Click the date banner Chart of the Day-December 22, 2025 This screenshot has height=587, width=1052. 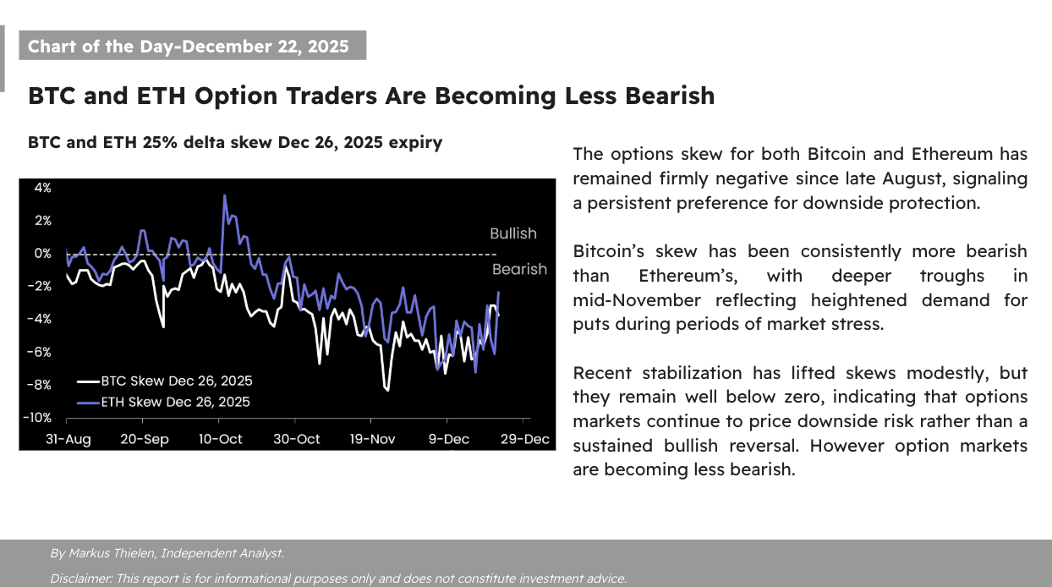(188, 46)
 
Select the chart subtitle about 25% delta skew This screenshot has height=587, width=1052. (235, 142)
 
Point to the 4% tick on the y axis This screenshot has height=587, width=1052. (42, 187)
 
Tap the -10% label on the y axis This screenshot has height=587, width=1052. (37, 418)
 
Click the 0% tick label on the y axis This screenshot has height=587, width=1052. (42, 253)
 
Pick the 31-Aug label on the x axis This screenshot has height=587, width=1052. (68, 439)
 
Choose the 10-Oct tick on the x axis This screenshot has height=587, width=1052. (220, 439)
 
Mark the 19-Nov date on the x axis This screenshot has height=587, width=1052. (371, 439)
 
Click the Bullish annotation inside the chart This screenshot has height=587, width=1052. (513, 233)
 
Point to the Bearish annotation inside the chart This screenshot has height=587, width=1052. (519, 269)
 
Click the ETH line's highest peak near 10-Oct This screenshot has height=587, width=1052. (225, 196)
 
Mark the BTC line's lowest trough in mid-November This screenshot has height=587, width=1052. (387, 390)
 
